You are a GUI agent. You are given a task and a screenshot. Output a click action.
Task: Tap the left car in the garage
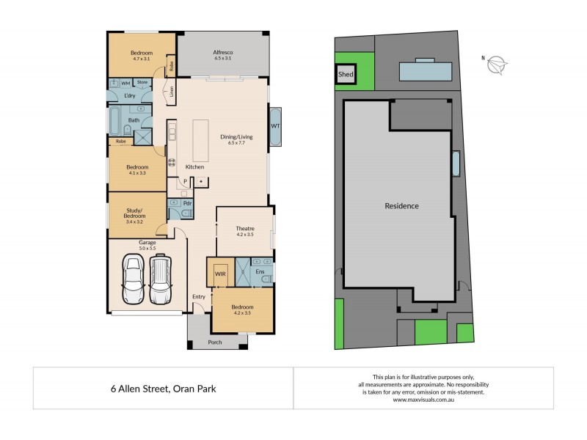tap(134, 279)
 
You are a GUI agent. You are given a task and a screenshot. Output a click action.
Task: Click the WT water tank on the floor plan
tap(275, 126)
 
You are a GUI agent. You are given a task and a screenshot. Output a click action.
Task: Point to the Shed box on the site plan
tap(345, 75)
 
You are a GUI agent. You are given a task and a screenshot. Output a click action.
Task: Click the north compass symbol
tap(497, 64)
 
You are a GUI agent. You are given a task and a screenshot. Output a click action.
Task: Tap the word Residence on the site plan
tap(401, 206)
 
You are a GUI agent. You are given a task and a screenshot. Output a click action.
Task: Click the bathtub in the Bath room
tap(117, 120)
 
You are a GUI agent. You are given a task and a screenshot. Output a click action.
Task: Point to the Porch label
tap(215, 342)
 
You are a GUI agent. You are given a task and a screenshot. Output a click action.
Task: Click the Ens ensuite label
tap(260, 272)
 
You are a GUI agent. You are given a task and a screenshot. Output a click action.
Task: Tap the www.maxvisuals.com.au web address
tap(426, 400)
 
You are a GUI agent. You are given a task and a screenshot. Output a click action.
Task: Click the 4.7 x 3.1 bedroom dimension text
tap(142, 59)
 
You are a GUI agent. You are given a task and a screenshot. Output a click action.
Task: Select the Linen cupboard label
tap(172, 92)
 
